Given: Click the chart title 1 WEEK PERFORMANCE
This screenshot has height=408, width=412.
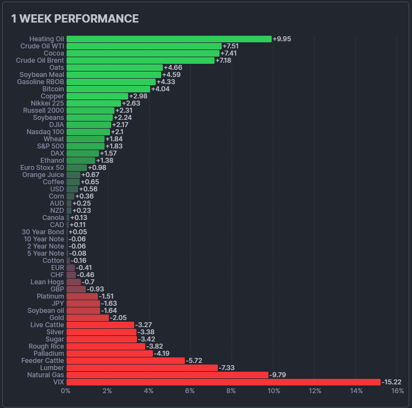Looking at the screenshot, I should (x=75, y=19).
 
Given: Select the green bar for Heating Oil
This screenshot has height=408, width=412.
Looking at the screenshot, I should (x=169, y=39).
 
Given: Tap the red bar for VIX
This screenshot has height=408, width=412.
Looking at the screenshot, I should (x=223, y=382).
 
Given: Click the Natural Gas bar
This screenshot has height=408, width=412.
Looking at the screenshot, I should (x=167, y=374).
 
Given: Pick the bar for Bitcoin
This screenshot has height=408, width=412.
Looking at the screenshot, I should (x=108, y=89).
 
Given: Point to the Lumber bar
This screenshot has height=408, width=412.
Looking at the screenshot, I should (x=142, y=367).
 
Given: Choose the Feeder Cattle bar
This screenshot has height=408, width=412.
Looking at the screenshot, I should (x=125, y=360).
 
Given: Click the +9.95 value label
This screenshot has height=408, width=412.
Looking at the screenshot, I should (x=282, y=39).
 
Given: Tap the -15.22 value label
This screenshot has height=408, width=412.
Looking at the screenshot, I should (x=392, y=382).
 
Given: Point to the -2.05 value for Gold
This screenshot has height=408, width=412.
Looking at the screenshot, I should (x=119, y=318).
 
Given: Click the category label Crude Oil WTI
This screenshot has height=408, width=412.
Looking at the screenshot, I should (x=40, y=46).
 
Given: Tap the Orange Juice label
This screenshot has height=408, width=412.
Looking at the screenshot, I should (x=43, y=175).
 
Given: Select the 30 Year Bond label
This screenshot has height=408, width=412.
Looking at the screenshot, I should (x=43, y=232).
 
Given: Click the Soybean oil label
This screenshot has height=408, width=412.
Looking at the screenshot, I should (x=44, y=311).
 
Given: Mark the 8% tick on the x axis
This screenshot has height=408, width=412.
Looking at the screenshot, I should (x=232, y=391).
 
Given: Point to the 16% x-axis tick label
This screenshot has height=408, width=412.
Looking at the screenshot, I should (x=397, y=391).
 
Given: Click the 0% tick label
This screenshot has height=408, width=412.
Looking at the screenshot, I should (x=66, y=391).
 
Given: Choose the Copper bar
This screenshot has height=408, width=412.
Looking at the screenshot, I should (x=97, y=96).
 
